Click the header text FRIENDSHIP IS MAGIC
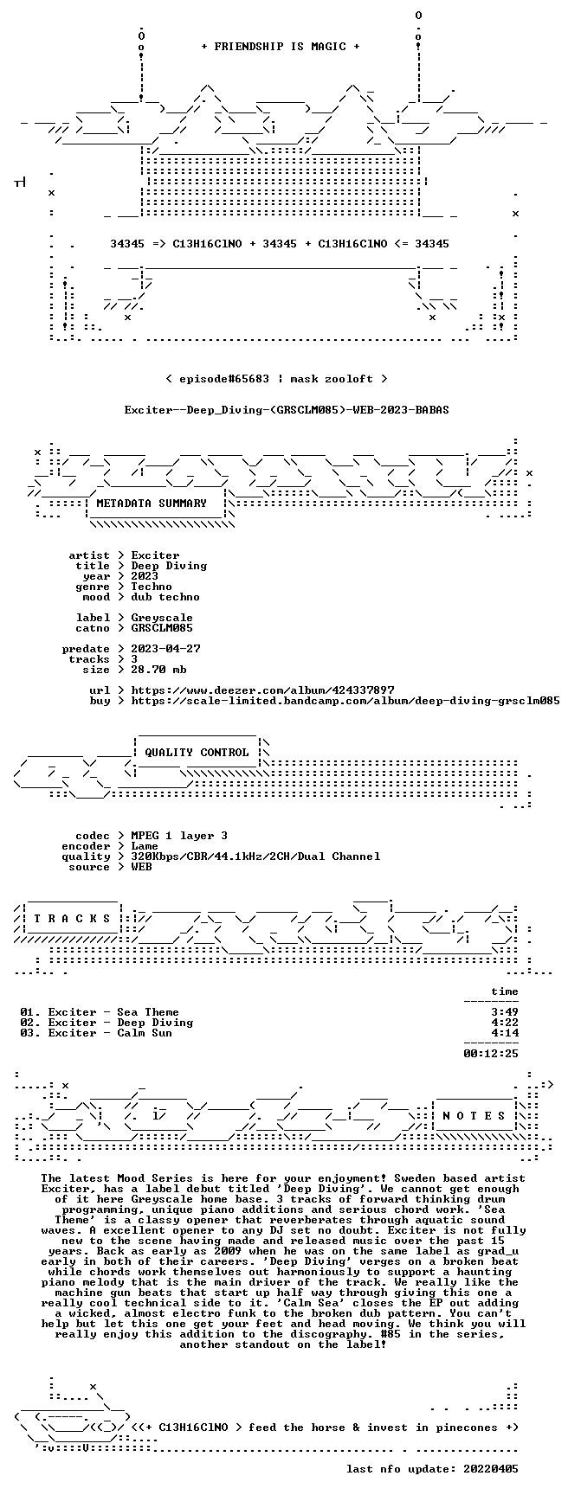point(280,47)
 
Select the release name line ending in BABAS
point(287,410)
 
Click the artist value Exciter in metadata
point(155,555)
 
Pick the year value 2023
point(145,576)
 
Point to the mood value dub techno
point(165,597)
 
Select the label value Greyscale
point(162,618)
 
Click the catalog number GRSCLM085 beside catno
point(162,628)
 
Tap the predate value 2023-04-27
point(165,649)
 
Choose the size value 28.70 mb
point(158,670)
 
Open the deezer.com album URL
point(262,690)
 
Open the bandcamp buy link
point(345,701)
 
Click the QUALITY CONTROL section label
point(197,753)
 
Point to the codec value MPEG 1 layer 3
point(179,836)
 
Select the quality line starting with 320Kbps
point(255,857)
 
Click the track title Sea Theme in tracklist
point(148,1012)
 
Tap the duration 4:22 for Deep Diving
point(505,1023)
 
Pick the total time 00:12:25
point(491,1054)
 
